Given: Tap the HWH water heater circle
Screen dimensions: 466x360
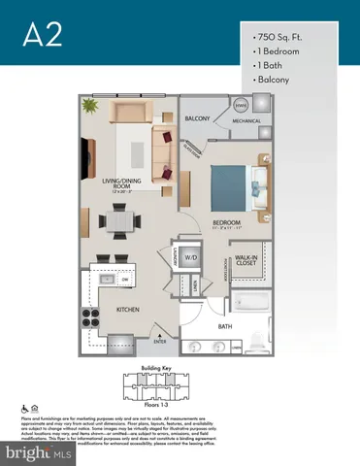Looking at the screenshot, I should point(241,105).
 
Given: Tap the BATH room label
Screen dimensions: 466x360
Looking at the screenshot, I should point(225,327).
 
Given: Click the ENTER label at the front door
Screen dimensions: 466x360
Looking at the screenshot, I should point(160,342).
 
